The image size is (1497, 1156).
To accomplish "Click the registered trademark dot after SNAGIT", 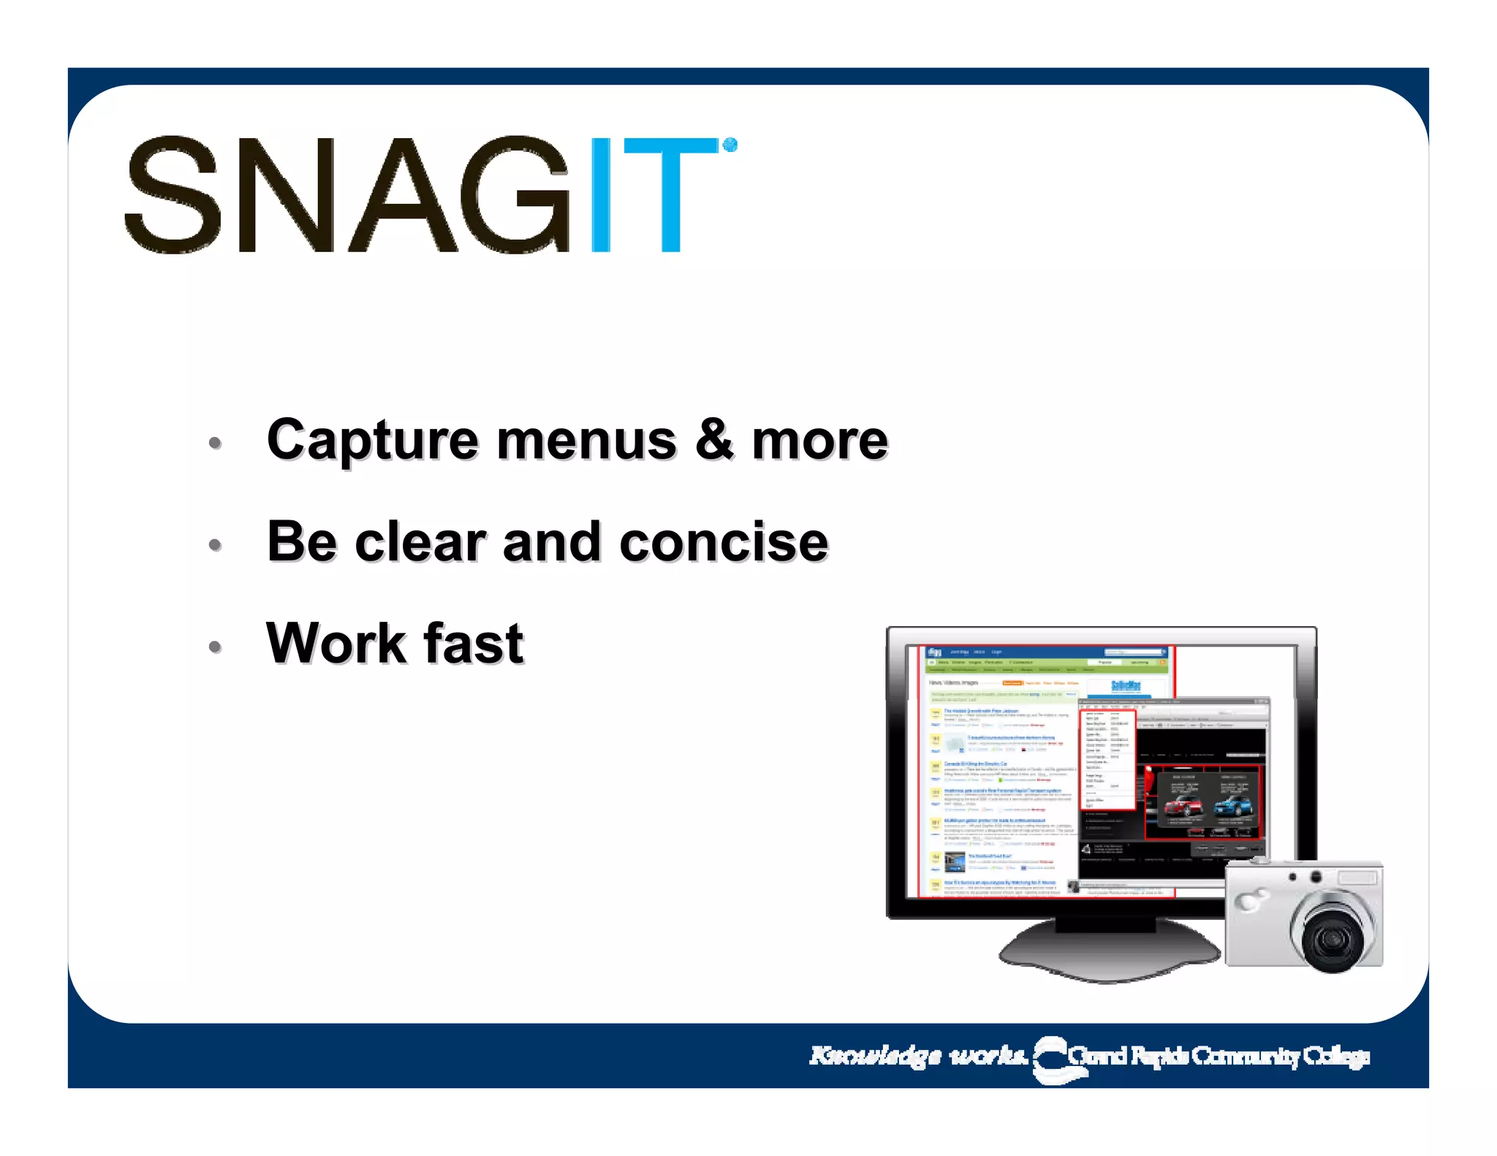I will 729,145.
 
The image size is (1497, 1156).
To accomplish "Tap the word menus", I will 586,441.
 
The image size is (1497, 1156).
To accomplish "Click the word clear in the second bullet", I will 420,543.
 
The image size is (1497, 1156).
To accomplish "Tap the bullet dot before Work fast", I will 215,647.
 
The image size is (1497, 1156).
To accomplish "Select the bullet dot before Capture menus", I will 215,443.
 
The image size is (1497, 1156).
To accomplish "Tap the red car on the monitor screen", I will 1182,807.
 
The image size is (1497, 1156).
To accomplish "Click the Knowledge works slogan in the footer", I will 918,1056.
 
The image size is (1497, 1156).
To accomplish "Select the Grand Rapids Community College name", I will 1219,1056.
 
